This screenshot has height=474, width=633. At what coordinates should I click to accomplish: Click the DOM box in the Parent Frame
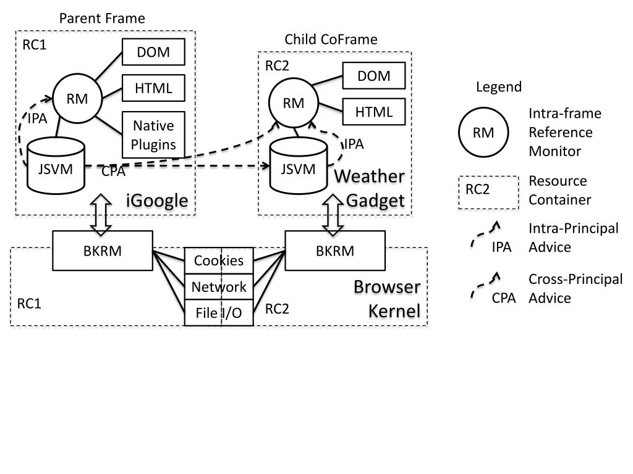point(153,52)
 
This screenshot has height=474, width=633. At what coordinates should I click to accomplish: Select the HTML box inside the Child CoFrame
point(374,112)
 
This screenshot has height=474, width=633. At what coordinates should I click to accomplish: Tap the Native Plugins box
point(153,135)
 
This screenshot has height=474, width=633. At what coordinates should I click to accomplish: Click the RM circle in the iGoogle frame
point(77,98)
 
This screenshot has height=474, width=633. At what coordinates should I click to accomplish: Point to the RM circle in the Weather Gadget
point(294,104)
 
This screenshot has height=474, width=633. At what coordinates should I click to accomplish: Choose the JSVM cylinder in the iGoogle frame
point(56,165)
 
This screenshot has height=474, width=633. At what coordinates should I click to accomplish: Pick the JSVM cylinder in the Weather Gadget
point(298,166)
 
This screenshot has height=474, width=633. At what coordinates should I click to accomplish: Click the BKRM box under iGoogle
point(102,251)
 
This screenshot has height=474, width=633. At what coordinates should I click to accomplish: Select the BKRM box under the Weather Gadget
point(335,251)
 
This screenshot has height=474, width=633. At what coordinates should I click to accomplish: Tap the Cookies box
point(219,260)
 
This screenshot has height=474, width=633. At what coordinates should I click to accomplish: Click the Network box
point(219,286)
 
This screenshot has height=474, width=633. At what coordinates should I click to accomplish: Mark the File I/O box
point(219,313)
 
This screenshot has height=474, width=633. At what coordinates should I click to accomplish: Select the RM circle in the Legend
point(483,133)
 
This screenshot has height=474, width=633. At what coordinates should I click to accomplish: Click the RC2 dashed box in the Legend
point(488,193)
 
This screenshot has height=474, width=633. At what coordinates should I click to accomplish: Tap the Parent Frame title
point(102,19)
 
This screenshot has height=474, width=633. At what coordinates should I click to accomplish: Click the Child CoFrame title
point(331,39)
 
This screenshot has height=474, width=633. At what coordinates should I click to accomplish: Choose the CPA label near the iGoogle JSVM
point(113,172)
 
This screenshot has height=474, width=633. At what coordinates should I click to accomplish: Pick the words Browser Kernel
point(388,299)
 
